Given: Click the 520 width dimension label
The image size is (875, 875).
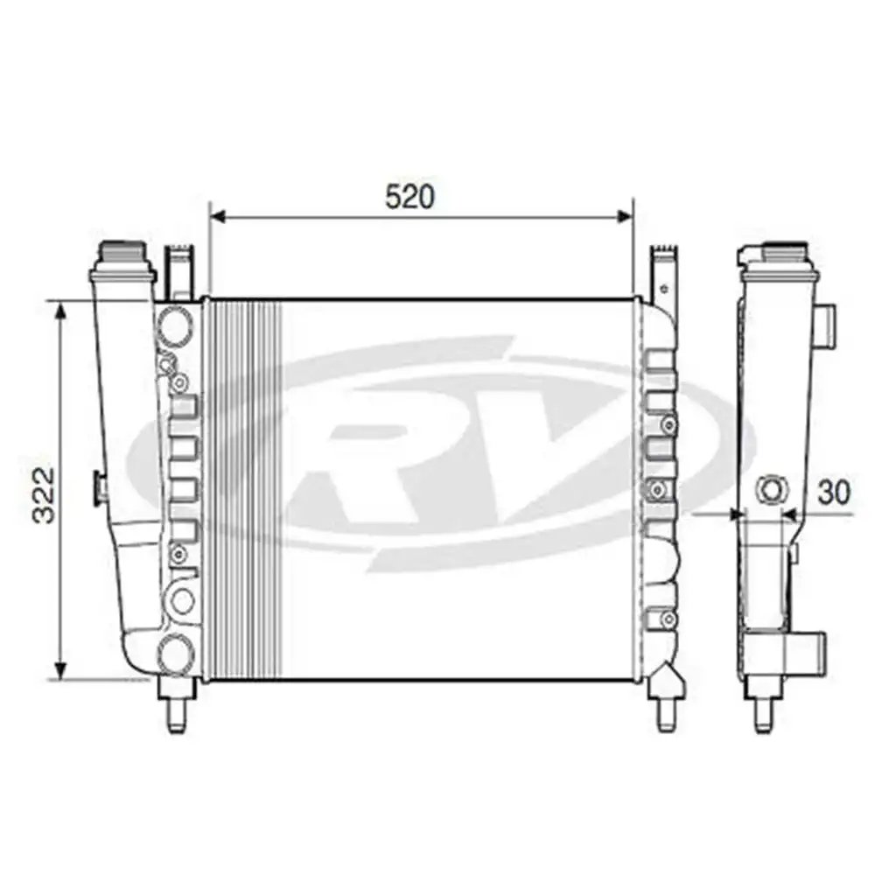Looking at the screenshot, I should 409,197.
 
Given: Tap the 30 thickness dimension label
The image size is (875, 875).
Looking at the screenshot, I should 834,493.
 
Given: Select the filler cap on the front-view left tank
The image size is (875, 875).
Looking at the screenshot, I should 124,258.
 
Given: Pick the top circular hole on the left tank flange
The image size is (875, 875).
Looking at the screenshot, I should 176,323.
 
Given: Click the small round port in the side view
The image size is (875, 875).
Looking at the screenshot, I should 772,489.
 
